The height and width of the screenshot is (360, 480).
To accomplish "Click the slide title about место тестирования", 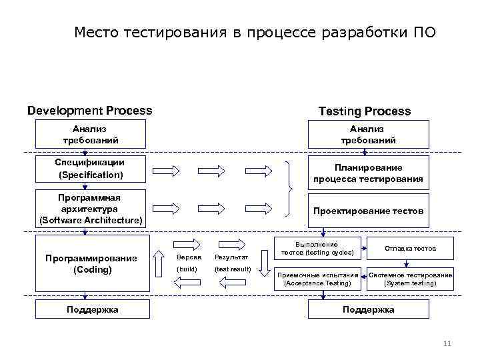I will (x=255, y=32).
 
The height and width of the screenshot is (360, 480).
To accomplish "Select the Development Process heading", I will (x=89, y=111).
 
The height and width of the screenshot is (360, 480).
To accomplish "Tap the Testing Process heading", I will (x=364, y=111).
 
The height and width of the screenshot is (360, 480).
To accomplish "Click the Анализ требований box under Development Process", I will (x=91, y=134).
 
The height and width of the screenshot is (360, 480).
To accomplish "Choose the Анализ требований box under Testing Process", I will (x=368, y=134).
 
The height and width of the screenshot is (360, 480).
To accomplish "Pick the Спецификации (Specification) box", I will (x=91, y=168).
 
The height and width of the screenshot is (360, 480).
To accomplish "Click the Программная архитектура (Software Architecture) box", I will (x=91, y=208).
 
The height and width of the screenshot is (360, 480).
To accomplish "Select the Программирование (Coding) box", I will (x=91, y=264).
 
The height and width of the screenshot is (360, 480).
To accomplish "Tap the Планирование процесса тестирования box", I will (x=368, y=173).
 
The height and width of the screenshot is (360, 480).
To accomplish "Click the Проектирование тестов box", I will (x=368, y=210).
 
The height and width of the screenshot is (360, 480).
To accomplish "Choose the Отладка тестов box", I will (x=410, y=248).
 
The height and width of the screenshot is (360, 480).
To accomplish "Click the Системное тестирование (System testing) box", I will (x=410, y=279).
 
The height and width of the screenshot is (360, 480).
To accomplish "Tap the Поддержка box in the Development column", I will (x=92, y=309).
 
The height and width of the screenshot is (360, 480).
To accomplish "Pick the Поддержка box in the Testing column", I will (x=368, y=309).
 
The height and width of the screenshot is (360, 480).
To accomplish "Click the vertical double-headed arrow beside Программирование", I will (x=159, y=263).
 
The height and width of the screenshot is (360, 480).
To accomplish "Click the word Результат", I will (x=231, y=257).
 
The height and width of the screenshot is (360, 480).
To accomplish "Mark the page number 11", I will (x=447, y=343).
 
